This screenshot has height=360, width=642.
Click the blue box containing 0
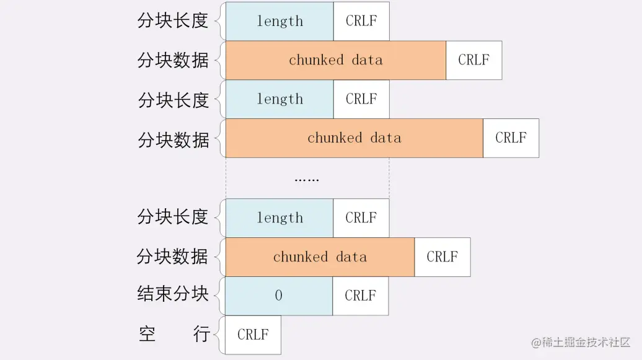279,296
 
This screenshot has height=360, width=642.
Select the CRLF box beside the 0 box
361,296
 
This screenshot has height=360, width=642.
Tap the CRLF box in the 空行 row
253,335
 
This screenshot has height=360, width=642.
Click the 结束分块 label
173,294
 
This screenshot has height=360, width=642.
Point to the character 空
147,334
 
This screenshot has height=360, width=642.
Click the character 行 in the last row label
201,334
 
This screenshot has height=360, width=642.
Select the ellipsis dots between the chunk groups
307,179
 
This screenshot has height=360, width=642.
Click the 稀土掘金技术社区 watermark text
586,342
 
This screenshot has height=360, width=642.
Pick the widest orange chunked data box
354,138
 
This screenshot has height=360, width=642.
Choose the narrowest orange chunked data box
320,257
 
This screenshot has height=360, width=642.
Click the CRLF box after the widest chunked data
511,138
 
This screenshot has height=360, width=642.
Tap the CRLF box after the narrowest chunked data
442,257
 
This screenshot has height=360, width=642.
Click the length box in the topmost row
279,21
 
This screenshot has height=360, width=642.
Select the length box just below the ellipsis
279,217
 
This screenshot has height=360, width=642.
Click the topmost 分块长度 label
173,21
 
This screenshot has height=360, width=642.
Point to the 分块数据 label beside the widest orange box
173,139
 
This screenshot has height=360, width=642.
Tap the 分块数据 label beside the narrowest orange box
173,257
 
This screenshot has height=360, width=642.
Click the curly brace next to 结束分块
218,296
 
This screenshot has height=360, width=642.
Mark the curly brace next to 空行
218,335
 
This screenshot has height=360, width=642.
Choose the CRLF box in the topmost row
361,21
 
